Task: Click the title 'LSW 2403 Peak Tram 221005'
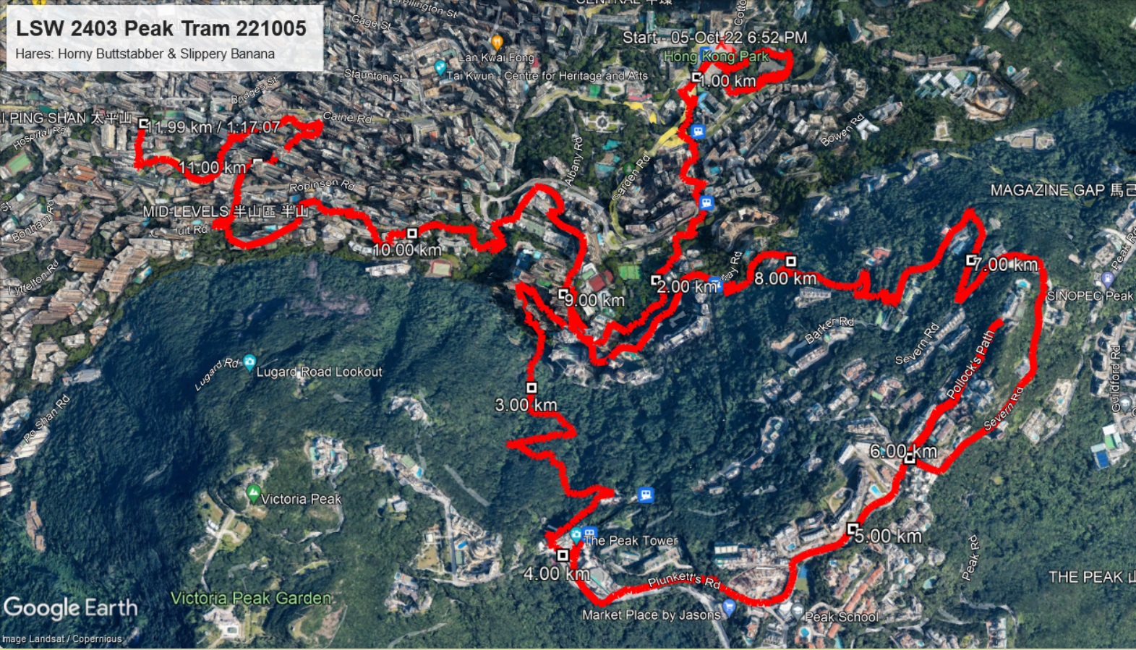click(161, 28)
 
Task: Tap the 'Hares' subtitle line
click(145, 54)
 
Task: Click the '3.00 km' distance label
click(526, 405)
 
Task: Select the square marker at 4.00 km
click(563, 555)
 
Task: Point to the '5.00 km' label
click(888, 536)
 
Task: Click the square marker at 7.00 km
click(971, 260)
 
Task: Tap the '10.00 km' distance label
click(406, 250)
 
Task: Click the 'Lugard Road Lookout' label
click(319, 372)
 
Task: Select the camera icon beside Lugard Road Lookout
click(249, 362)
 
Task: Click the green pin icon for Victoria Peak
click(252, 494)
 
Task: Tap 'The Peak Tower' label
click(631, 540)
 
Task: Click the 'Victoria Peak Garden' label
click(251, 598)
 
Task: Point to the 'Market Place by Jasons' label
click(651, 615)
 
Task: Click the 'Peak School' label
click(842, 617)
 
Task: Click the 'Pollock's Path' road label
click(971, 364)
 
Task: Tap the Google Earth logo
click(70, 608)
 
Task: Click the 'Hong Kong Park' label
click(715, 56)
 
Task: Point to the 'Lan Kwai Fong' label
click(496, 57)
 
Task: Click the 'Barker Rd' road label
click(829, 329)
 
